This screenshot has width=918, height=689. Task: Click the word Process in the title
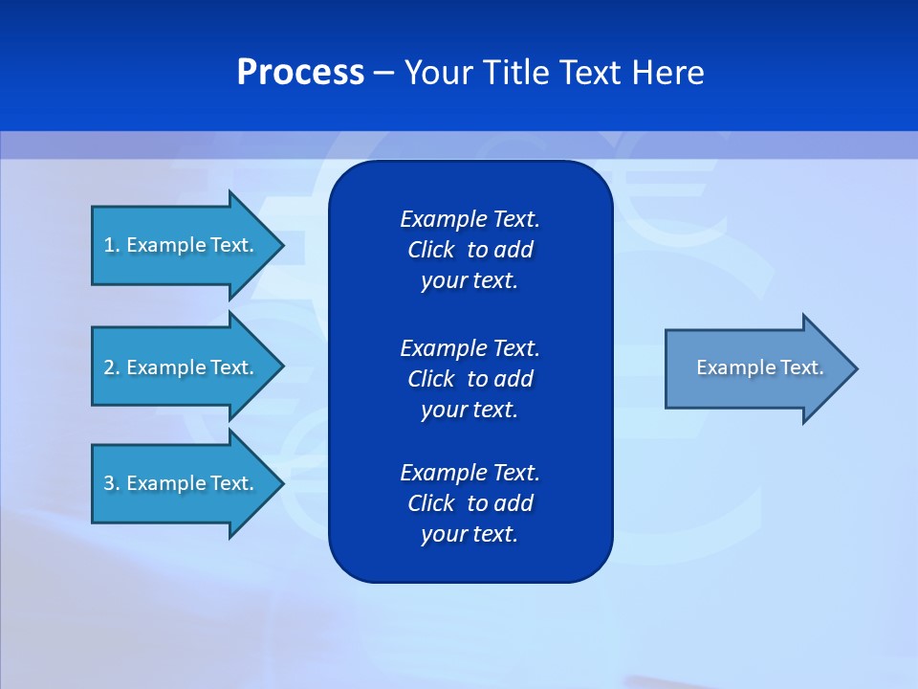tap(300, 73)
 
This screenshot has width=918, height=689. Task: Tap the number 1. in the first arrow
tap(112, 245)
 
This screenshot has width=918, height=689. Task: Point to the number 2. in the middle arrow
tap(112, 367)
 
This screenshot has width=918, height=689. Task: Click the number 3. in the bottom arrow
tap(112, 483)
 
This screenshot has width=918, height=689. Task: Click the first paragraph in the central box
tap(470, 250)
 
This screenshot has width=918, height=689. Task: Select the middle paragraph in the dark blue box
tap(470, 378)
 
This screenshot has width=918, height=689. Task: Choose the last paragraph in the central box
tap(470, 503)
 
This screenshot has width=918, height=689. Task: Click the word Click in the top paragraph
tap(430, 250)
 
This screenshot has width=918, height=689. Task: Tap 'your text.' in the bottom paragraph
tap(470, 534)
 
